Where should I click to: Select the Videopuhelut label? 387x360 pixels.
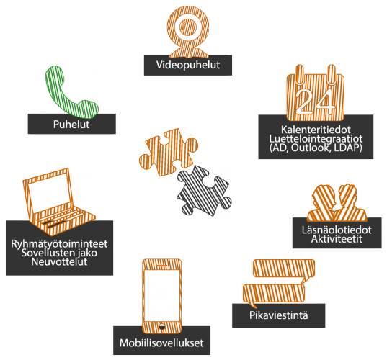[188, 65]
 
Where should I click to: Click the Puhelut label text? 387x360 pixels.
[71, 125]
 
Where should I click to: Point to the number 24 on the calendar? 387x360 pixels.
[315, 101]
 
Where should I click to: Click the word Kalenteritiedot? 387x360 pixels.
[316, 130]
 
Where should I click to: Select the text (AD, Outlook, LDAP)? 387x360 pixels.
[316, 148]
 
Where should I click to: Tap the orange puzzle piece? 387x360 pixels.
[169, 152]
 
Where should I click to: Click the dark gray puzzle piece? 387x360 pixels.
[204, 191]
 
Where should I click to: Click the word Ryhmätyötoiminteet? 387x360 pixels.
[59, 244]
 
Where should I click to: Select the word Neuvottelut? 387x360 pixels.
[59, 261]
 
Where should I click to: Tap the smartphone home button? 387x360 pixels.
[162, 326]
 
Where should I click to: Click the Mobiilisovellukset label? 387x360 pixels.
[161, 343]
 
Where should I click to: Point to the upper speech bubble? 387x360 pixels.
[284, 271]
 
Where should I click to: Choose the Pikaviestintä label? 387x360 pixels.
[279, 315]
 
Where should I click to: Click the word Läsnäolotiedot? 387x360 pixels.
[337, 230]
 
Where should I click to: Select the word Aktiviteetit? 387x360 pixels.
[337, 239]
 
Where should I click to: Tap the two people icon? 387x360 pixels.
[337, 203]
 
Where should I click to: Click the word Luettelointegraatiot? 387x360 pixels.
[316, 139]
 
